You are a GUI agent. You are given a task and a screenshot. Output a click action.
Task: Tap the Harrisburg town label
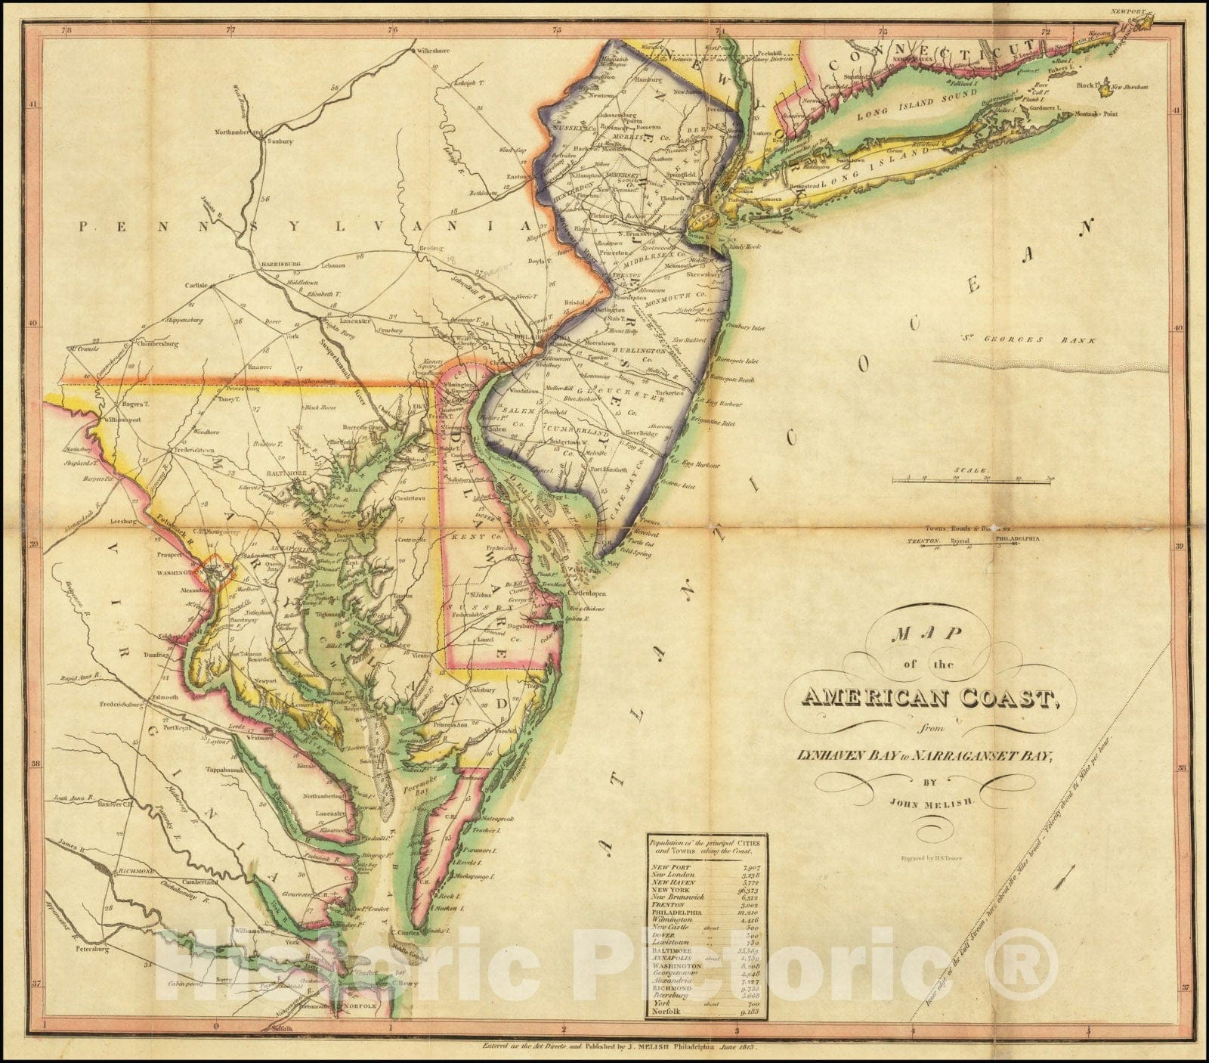click(281, 264)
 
